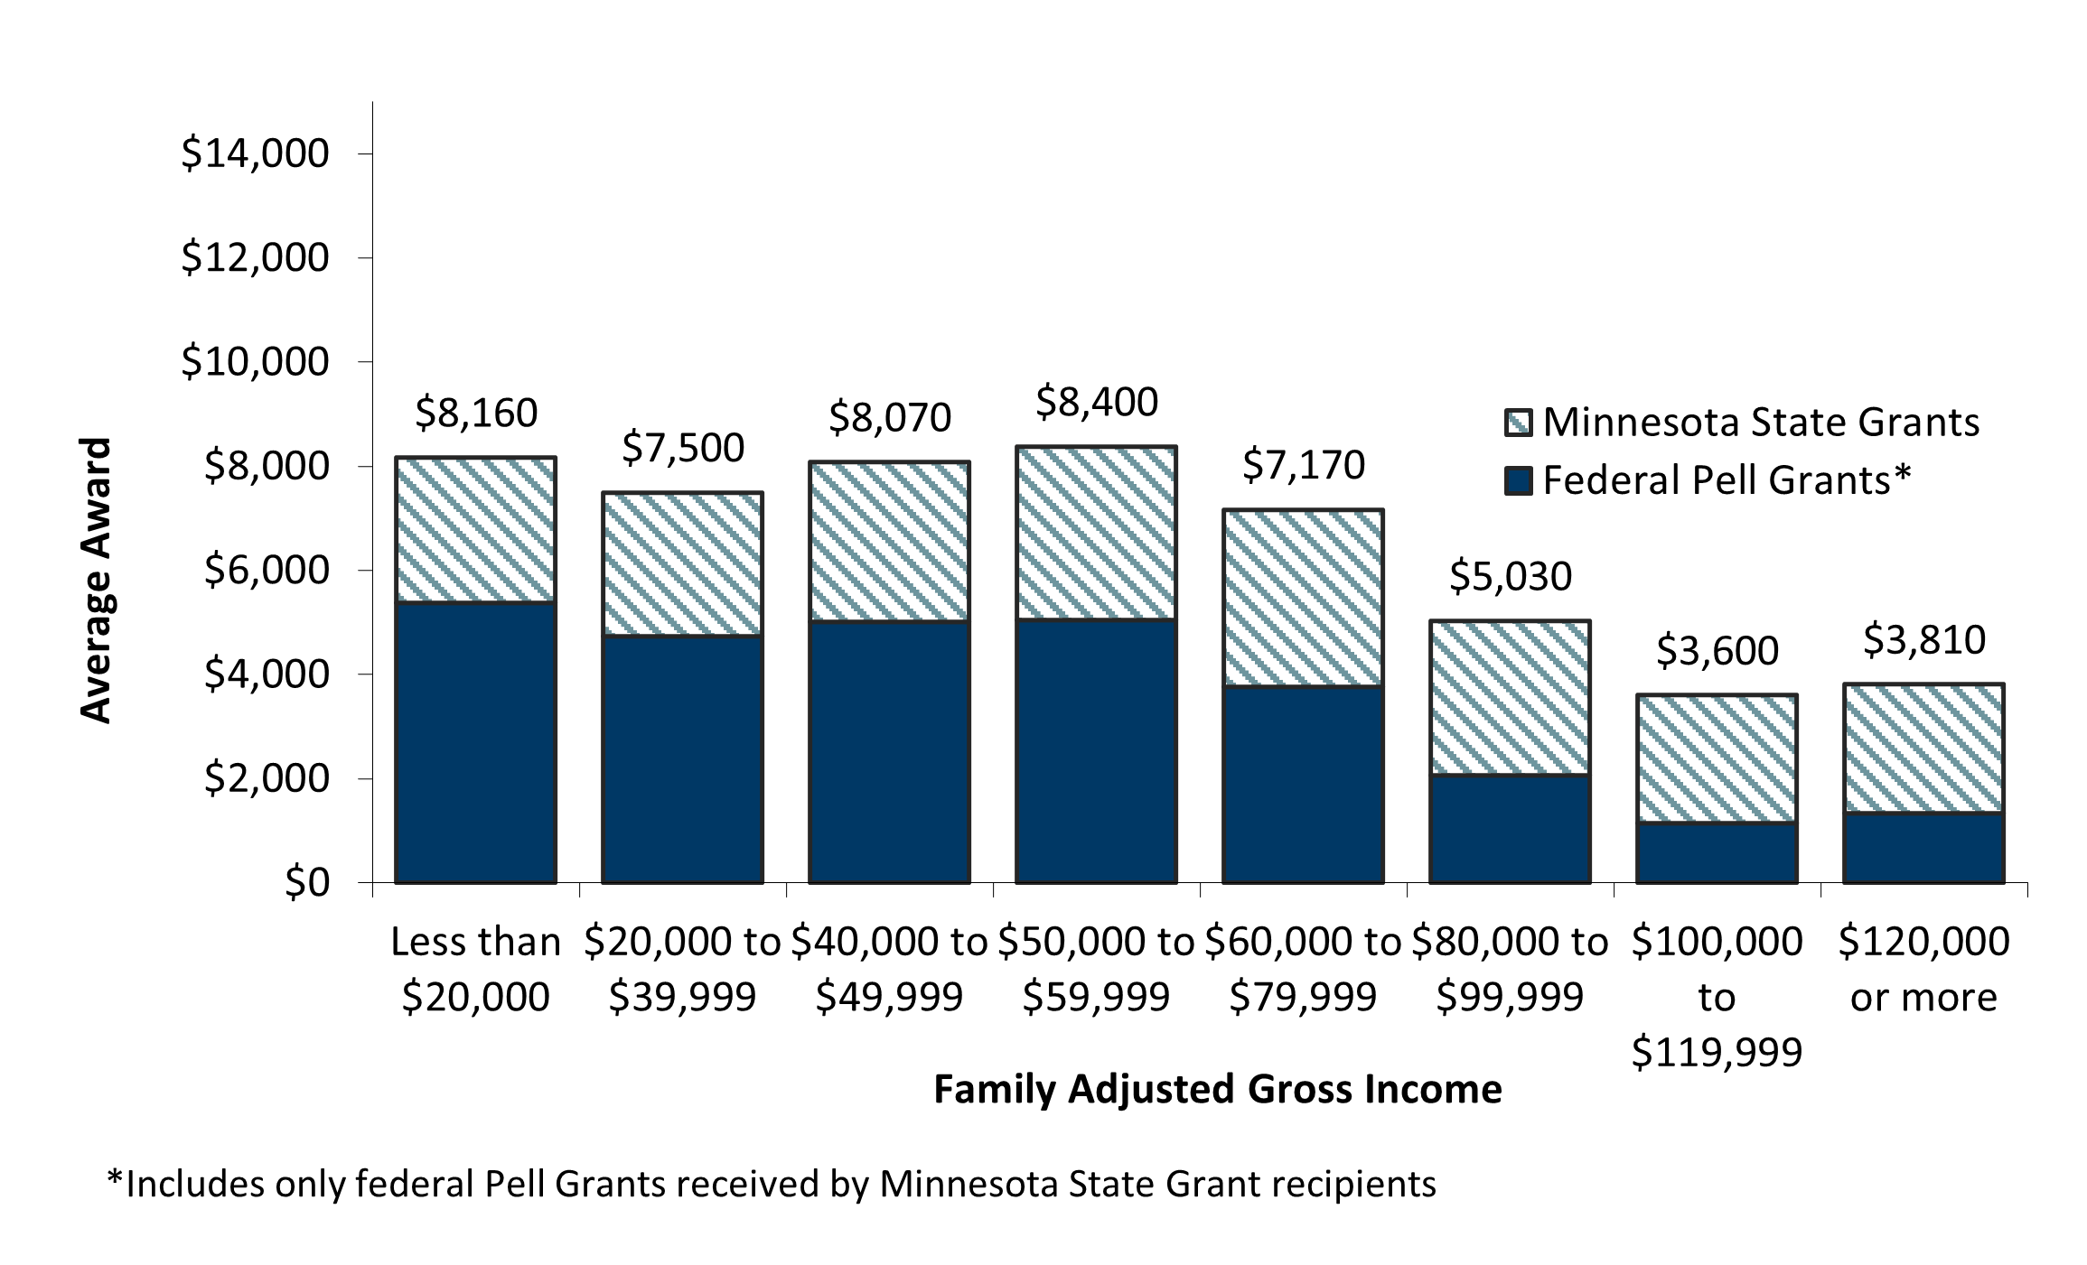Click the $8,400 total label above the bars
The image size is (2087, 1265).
(x=1096, y=402)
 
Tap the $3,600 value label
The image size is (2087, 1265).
(x=1717, y=650)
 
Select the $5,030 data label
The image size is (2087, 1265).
(x=1510, y=576)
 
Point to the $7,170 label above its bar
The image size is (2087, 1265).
(x=1303, y=465)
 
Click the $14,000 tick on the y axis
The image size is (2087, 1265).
(x=255, y=153)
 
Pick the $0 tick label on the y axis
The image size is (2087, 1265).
(x=307, y=883)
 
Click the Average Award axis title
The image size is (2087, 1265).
(x=95, y=580)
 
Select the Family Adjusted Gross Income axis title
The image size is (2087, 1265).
(x=1217, y=1089)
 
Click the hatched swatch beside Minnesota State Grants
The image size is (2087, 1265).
(x=1518, y=423)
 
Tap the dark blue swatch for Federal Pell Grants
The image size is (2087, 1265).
(x=1518, y=480)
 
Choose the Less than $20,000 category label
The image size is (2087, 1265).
(x=475, y=970)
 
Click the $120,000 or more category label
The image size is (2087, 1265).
(x=1923, y=970)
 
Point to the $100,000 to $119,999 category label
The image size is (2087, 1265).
(x=1717, y=997)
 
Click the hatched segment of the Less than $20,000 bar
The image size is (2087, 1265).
(x=475, y=530)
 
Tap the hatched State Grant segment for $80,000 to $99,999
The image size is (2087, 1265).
(x=1510, y=698)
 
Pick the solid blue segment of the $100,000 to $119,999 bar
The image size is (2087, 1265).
(x=1717, y=852)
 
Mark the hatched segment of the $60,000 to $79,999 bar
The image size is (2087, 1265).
(x=1303, y=599)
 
